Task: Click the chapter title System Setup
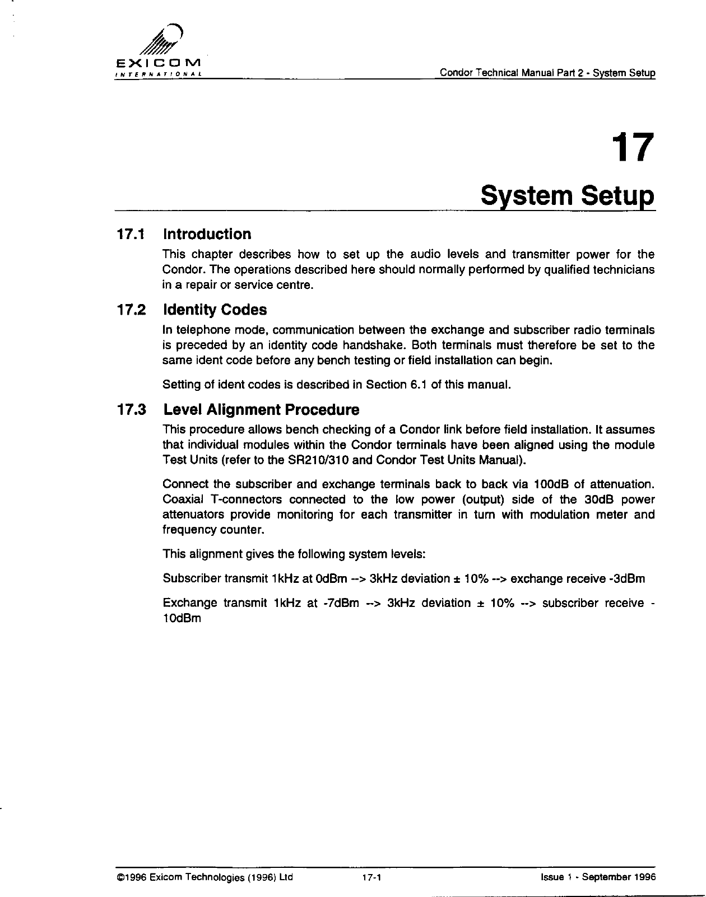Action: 567,197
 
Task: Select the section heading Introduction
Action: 207,234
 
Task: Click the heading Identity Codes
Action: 215,310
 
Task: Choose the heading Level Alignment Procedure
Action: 261,410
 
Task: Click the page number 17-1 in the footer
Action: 371,877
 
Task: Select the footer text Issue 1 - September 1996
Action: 595,877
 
